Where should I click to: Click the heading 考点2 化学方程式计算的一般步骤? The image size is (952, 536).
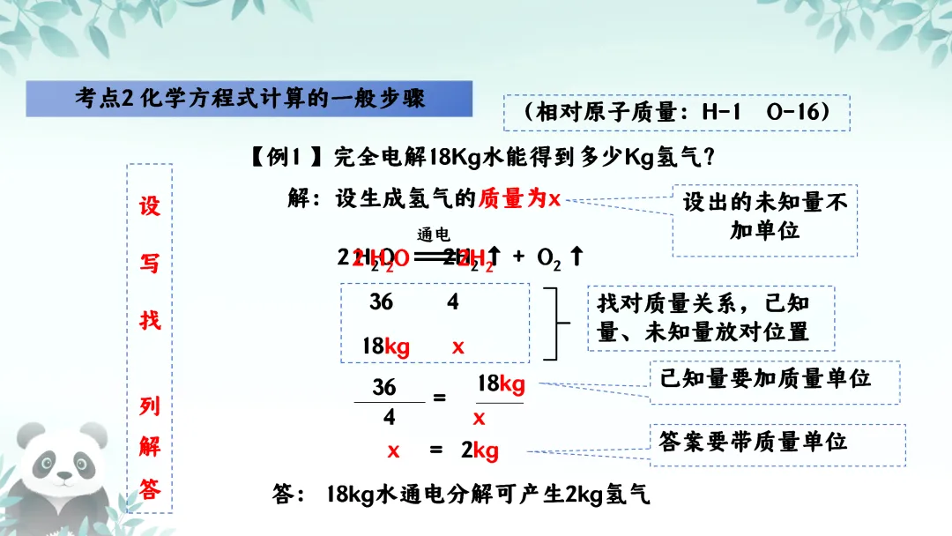coord(249,98)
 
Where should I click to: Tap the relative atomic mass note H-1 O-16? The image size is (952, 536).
coord(676,113)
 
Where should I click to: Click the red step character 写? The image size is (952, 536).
coord(150,262)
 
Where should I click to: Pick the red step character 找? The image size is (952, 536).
coord(150,318)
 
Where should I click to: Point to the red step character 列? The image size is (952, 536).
coord(150,406)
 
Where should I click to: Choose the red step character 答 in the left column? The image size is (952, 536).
coord(150,489)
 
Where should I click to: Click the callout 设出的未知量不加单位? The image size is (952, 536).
coord(765,217)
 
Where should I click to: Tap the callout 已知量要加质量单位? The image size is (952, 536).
coord(765,378)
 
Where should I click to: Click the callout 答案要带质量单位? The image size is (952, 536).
coord(753,441)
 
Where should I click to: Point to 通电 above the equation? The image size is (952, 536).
coord(434,235)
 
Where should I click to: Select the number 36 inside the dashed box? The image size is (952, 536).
coord(381,301)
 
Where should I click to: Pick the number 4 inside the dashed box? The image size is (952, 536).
coord(452,301)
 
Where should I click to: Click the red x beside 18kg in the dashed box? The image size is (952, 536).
coord(457,346)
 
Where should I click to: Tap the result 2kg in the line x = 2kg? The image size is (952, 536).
coord(480,450)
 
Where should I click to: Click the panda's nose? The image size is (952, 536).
coord(64,476)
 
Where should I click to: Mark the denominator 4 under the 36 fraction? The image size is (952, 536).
coord(389,416)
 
